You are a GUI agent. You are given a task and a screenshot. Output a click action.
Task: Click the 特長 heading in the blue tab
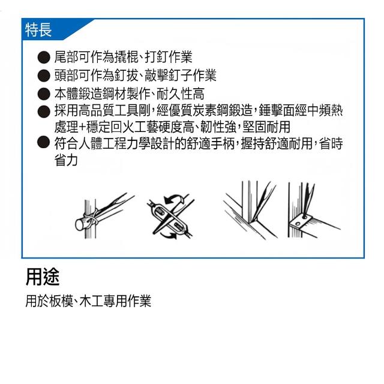click(38, 30)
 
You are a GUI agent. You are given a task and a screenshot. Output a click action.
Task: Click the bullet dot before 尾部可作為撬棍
click(44, 58)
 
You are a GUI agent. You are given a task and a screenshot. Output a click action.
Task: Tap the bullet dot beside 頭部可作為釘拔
click(44, 76)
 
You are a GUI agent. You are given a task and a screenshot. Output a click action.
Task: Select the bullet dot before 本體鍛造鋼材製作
click(44, 94)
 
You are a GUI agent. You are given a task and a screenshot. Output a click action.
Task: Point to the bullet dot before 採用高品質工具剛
click(44, 112)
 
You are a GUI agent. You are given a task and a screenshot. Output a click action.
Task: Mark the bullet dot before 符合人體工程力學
click(44, 142)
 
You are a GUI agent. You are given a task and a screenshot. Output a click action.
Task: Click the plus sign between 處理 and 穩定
click(82, 127)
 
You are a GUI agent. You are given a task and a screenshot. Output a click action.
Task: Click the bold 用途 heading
click(43, 277)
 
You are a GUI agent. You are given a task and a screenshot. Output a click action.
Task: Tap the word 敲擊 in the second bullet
click(157, 75)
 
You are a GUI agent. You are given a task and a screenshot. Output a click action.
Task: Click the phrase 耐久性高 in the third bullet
click(181, 94)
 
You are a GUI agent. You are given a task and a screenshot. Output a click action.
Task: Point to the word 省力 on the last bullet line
click(66, 160)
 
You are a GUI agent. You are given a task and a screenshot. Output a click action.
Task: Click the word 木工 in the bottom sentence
click(91, 301)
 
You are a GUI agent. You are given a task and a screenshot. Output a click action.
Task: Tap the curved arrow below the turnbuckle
click(169, 236)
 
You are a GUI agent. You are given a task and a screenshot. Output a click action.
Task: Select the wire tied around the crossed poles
click(92, 218)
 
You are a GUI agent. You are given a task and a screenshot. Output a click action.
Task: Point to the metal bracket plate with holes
click(301, 221)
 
